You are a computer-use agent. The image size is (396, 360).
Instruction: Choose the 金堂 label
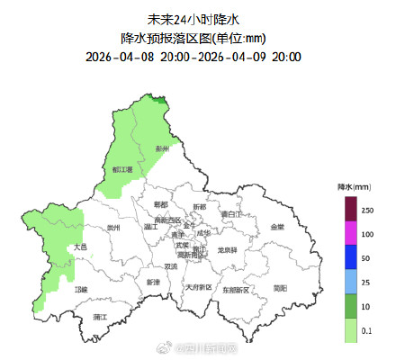click(275, 227)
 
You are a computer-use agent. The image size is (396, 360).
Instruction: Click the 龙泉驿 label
click(227, 249)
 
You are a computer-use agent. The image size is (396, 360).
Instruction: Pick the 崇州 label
click(113, 228)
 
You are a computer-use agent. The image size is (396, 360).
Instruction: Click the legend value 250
click(367, 209)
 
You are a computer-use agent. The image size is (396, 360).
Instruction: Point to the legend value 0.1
click(367, 331)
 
